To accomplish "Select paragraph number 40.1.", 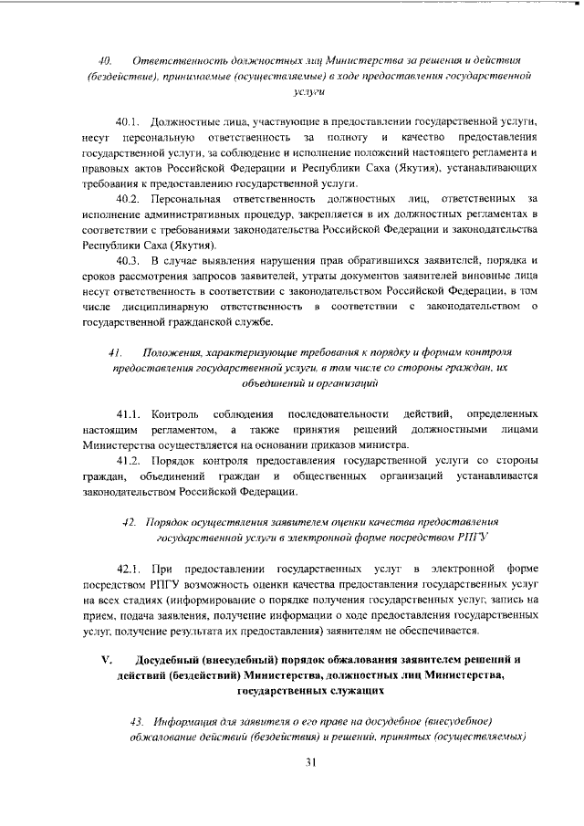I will point(130,121).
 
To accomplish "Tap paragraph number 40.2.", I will point(130,198).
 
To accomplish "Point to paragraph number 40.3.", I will point(130,261).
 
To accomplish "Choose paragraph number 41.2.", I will point(130,461).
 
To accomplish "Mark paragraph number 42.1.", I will point(130,570).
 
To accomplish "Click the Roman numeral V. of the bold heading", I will point(105,660).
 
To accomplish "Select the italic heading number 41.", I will point(115,352).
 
